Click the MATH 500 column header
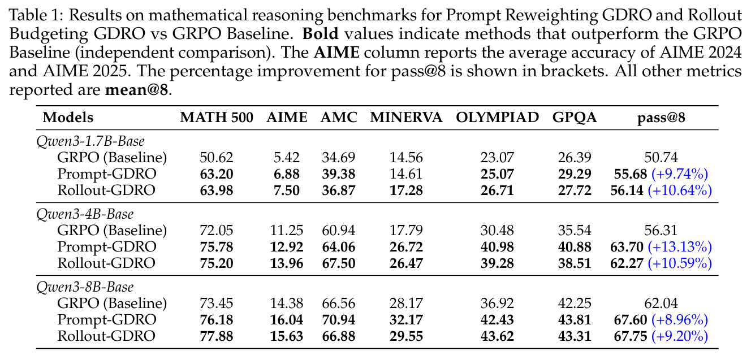point(216,118)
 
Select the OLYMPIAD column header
point(497,118)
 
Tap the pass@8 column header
point(661,118)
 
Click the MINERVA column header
point(406,118)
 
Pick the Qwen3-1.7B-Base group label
point(90,141)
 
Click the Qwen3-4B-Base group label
point(85,214)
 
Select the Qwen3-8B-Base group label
point(85,287)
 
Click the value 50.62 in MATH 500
point(216,158)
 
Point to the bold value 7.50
point(287,190)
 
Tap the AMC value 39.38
point(339,174)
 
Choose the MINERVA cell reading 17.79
point(406,230)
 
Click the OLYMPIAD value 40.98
point(497,247)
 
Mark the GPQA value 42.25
point(575,303)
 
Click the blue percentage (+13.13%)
point(680,247)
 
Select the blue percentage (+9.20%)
point(680,336)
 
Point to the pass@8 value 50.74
point(661,158)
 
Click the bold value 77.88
point(216,336)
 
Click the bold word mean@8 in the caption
point(136,90)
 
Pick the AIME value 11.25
point(287,230)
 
